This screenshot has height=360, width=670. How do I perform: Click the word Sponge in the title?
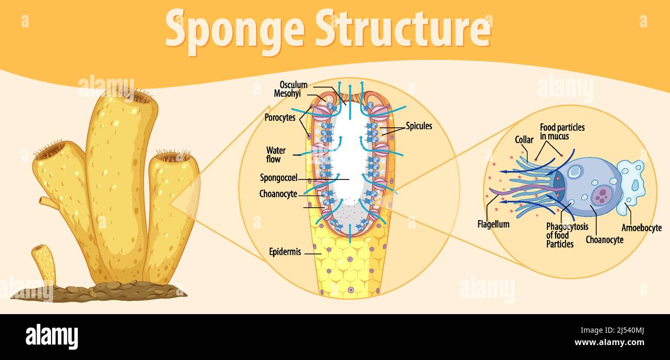(x=235, y=29)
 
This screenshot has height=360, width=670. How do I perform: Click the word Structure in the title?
(x=403, y=29)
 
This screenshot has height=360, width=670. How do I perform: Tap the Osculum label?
(x=293, y=85)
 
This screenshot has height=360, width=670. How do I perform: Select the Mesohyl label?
(x=287, y=94)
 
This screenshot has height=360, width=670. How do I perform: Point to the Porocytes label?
(x=280, y=117)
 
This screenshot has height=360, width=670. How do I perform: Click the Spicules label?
(x=418, y=126)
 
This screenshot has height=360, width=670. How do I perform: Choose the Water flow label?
(x=276, y=155)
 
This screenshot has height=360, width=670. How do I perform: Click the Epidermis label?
(x=285, y=252)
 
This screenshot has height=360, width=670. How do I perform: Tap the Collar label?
(x=524, y=140)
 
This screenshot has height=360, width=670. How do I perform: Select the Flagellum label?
(x=493, y=224)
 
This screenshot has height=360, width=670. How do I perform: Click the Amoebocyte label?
(x=641, y=228)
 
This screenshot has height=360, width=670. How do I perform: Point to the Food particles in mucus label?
(x=562, y=132)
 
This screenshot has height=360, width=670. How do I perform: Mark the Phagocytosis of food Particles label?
(x=567, y=235)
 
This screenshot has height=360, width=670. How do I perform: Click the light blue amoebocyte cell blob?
(x=631, y=183)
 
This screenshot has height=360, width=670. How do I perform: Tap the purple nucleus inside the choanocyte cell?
(x=601, y=196)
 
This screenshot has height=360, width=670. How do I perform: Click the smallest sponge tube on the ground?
(x=45, y=263)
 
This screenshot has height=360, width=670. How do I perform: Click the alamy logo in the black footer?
(x=52, y=336)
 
